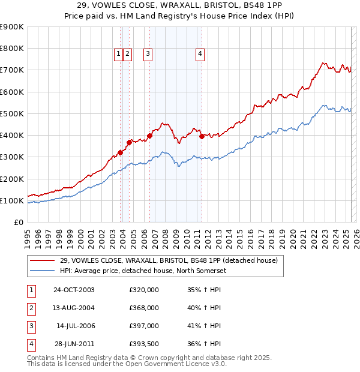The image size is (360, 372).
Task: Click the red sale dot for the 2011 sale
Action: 202,136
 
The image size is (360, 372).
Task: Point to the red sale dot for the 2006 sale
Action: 149,136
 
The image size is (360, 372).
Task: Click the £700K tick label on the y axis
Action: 12,70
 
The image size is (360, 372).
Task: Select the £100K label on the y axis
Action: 12,200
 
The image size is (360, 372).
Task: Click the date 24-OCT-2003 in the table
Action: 74,290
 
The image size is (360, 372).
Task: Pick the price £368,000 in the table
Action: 144,308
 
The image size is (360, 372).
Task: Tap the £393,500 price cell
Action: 144,344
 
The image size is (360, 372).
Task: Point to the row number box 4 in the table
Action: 30,344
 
